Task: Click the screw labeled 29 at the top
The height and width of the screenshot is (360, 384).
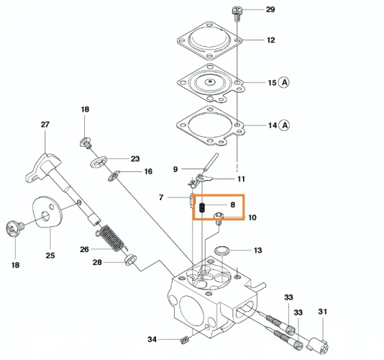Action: (237, 14)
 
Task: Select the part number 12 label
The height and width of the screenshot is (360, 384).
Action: (270, 40)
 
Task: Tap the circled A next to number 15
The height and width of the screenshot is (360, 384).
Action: (284, 82)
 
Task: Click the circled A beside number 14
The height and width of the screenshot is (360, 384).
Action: (285, 125)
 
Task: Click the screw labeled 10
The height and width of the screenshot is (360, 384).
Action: (219, 219)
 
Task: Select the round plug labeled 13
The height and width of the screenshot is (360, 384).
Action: (222, 251)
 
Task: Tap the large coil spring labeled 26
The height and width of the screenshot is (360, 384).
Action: (111, 238)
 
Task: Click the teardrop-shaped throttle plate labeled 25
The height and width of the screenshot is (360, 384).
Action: (47, 211)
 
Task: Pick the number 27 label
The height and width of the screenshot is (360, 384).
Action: (45, 125)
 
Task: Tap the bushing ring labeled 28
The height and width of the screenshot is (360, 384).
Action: (130, 260)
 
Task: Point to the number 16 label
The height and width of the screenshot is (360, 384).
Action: (148, 171)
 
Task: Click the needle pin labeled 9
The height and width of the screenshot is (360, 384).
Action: (211, 162)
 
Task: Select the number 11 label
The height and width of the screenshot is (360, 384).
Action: (241, 179)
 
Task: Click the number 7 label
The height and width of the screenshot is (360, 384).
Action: (161, 197)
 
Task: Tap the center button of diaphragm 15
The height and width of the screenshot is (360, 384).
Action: (210, 81)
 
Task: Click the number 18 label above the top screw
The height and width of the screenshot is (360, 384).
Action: (85, 109)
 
